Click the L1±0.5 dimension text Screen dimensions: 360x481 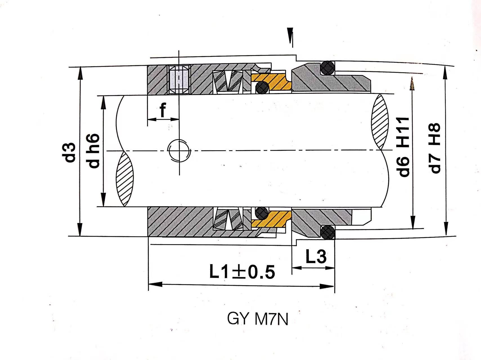click(242, 272)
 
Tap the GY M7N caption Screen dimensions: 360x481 click(257, 319)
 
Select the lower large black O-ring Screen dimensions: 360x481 click(328, 232)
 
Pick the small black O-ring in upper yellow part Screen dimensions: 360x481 click(262, 88)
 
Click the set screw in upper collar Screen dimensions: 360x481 click(179, 80)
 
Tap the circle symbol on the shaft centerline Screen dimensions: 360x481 click(179, 150)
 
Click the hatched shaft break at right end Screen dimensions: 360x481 click(380, 122)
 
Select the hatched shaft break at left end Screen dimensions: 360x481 click(125, 179)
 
